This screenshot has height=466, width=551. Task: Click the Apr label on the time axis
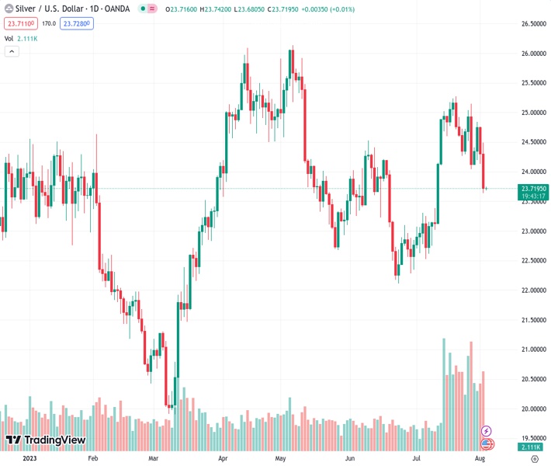[x=224, y=459]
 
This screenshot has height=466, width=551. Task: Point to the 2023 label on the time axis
[x=29, y=459]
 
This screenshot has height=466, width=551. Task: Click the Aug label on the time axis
[x=480, y=459]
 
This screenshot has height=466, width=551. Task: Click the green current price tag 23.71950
[x=533, y=189]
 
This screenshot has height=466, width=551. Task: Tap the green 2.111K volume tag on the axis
[x=532, y=447]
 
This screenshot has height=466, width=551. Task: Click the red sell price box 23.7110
[x=21, y=24]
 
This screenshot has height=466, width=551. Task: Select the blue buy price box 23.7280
[x=78, y=24]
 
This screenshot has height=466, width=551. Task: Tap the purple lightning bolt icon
[x=487, y=431]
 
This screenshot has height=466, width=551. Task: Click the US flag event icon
[x=487, y=443]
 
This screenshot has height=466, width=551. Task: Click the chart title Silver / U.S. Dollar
[x=49, y=9]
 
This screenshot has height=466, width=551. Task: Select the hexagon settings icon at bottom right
[x=532, y=459]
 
